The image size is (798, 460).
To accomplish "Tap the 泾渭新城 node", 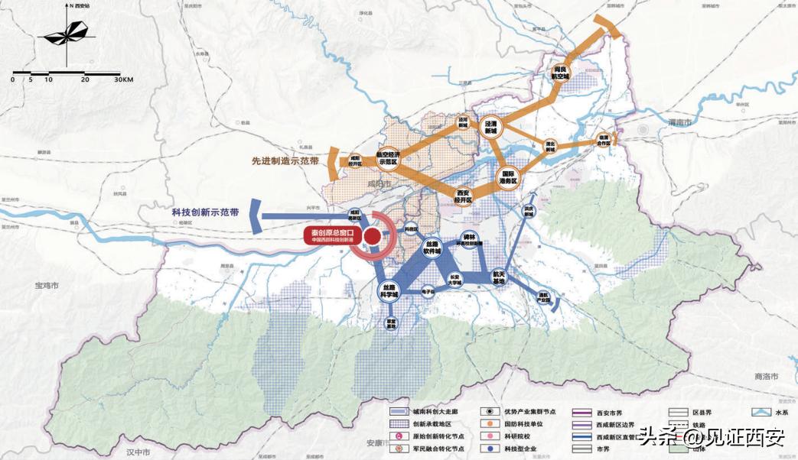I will (490, 126).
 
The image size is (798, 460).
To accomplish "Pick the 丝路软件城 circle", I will (433, 247).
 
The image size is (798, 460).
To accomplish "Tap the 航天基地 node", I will (499, 277).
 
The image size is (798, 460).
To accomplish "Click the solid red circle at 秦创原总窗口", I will (373, 237).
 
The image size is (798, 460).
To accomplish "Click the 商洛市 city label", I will (765, 377).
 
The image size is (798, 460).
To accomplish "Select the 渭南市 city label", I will (678, 122).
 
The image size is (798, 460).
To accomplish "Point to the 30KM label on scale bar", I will (123, 79).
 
